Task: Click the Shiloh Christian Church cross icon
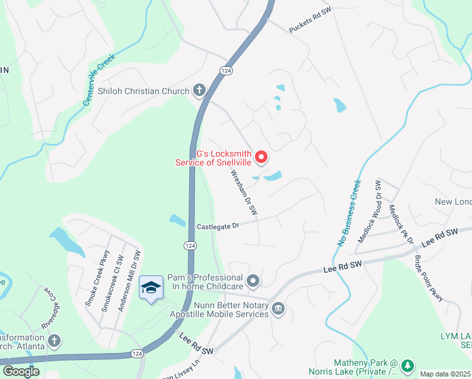tap(199, 90)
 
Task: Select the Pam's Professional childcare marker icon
tap(253, 280)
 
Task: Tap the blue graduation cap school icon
tap(150, 289)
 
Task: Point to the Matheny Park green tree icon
tap(407, 365)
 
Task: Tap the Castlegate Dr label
tap(218, 226)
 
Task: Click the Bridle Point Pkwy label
tap(429, 279)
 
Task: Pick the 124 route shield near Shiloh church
tap(226, 70)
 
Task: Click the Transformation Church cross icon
tap(55, 340)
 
